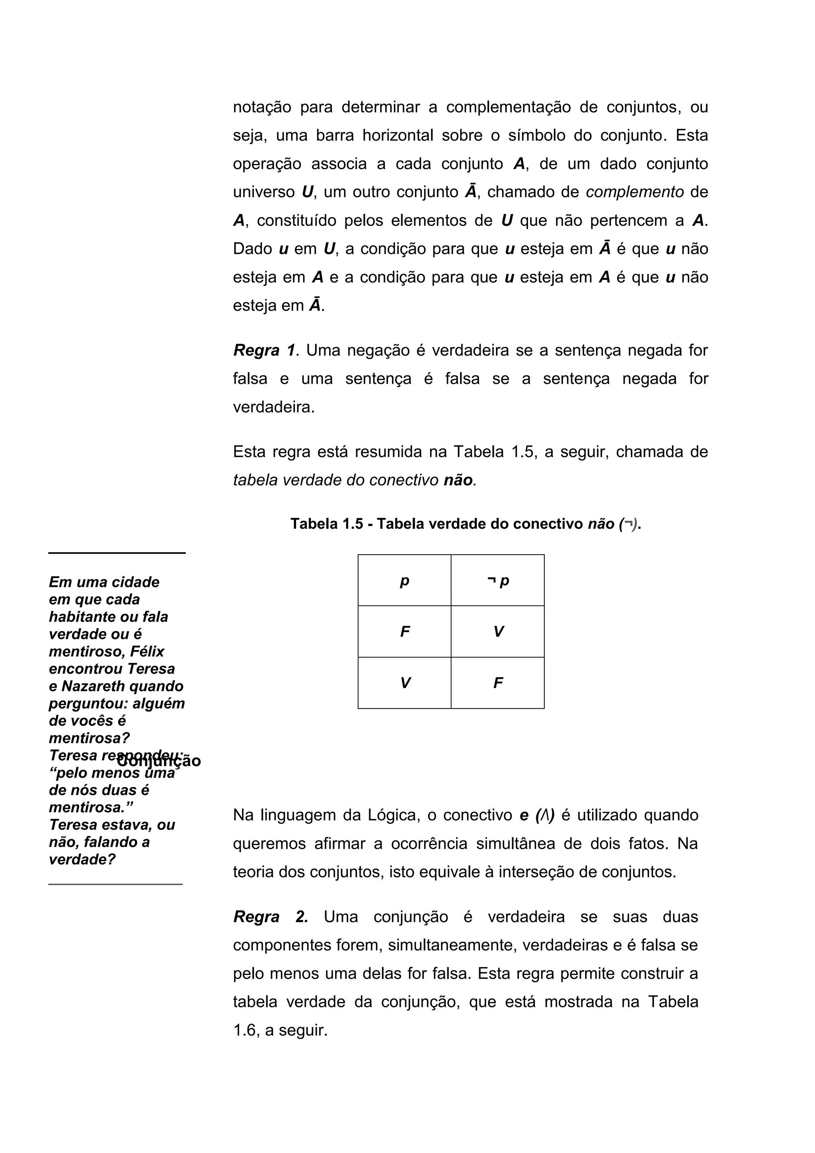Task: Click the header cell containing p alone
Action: [x=404, y=581]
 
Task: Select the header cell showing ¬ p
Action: [x=498, y=581]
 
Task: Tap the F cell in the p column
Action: [x=404, y=632]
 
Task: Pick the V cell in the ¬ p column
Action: [x=498, y=632]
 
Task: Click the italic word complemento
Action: [x=634, y=192]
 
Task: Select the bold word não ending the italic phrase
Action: [x=458, y=481]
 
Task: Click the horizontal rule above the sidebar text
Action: [x=117, y=553]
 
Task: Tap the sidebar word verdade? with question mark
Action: [x=82, y=859]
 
